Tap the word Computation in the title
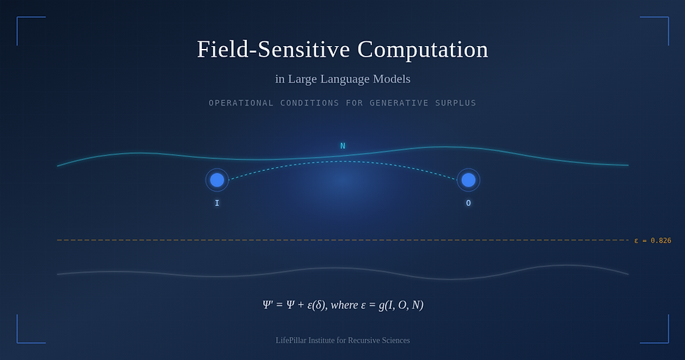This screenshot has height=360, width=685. pos(423,50)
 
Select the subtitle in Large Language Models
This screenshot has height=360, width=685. pos(342,79)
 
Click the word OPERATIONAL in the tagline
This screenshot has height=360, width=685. pos(241,103)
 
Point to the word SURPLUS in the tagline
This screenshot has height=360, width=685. pos(455,103)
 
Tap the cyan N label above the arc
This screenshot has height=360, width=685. pos(342,146)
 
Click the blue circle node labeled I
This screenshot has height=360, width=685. pos(217,180)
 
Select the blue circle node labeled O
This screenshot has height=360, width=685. pos(468,180)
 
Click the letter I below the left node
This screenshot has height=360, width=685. pos(217,203)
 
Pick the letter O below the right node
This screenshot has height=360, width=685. pos(468,203)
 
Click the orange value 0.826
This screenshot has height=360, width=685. pos(661,240)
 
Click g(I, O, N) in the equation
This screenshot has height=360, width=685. pos(401,305)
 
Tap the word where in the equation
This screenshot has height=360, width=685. pos(344,305)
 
